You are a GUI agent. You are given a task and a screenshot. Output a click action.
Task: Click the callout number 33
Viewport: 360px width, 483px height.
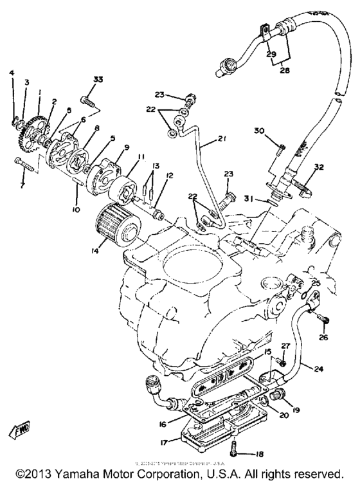click(x=98, y=79)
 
